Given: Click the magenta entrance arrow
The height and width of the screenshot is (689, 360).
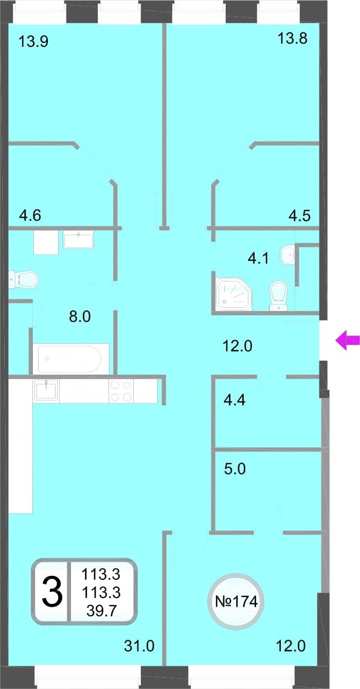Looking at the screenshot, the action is click(x=347, y=340).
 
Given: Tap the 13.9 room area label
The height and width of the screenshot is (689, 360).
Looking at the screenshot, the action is click(x=33, y=41).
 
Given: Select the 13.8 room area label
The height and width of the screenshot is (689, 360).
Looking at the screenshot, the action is click(x=292, y=39).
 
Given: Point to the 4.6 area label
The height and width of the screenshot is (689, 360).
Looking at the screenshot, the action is click(x=30, y=215).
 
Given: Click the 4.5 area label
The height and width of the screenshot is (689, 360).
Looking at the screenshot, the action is click(x=299, y=215).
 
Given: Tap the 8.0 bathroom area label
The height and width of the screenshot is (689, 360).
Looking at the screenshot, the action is click(x=80, y=316).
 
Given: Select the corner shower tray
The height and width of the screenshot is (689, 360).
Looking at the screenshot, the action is click(x=233, y=294).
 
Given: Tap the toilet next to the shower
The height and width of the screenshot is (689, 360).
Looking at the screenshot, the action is click(x=278, y=295).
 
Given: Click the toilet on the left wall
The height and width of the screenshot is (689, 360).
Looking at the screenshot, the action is click(x=23, y=279).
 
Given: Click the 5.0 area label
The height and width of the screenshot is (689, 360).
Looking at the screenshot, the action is click(x=235, y=469).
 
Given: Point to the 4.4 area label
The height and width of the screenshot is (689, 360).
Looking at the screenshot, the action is click(x=235, y=400).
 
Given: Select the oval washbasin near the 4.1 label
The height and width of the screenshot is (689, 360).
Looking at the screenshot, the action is click(x=287, y=254).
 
